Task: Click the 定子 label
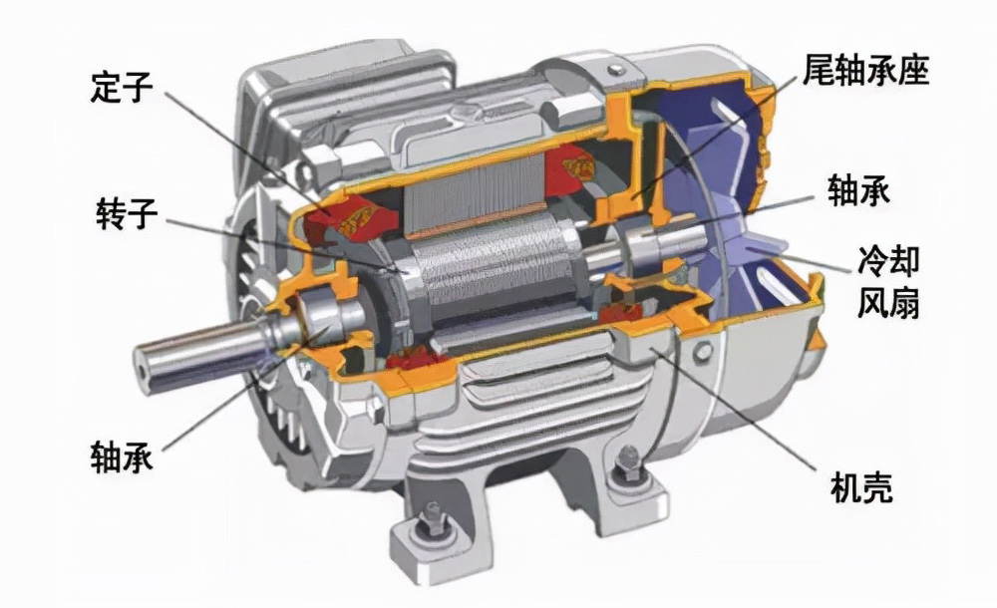point(121,87)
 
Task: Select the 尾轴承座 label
point(865,70)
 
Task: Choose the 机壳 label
point(861,487)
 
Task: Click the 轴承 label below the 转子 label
point(122,456)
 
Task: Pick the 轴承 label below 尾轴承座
point(858,190)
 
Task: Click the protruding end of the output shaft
point(144,369)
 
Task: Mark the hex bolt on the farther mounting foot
point(628,464)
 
